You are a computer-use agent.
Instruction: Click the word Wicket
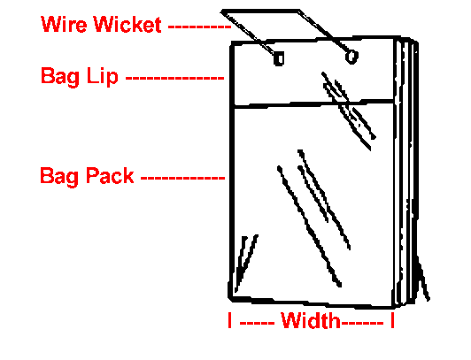pyautogui.click(x=127, y=24)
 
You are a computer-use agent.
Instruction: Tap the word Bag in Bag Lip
pyautogui.click(x=60, y=77)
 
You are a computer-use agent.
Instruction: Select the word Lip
pyautogui.click(x=102, y=76)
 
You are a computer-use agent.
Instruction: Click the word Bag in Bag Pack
pyautogui.click(x=59, y=177)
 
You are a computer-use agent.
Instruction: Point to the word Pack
pyautogui.click(x=110, y=175)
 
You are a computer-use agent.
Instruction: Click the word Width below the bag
pyautogui.click(x=311, y=320)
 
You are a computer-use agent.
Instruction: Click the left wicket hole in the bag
pyautogui.click(x=279, y=58)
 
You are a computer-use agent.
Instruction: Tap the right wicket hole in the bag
pyautogui.click(x=351, y=57)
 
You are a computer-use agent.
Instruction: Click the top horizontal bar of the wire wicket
pyautogui.click(x=260, y=11)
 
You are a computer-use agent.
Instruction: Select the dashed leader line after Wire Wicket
pyautogui.click(x=199, y=27)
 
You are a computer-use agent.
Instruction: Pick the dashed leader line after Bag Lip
pyautogui.click(x=174, y=78)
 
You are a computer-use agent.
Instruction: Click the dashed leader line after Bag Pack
pyautogui.click(x=182, y=178)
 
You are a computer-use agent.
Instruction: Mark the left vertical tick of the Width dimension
pyautogui.click(x=230, y=320)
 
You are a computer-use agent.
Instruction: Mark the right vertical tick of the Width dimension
pyautogui.click(x=392, y=320)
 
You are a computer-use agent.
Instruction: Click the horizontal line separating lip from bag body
pyautogui.click(x=314, y=103)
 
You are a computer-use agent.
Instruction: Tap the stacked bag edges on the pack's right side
pyautogui.click(x=405, y=171)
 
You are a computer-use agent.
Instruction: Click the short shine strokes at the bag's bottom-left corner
pyautogui.click(x=246, y=263)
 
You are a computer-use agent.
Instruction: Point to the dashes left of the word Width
pyautogui.click(x=257, y=323)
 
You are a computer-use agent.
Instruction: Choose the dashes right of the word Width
pyautogui.click(x=363, y=323)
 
